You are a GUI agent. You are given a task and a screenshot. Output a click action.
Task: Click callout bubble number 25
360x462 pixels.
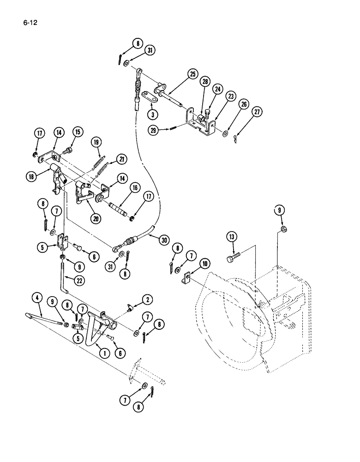coord(192,74)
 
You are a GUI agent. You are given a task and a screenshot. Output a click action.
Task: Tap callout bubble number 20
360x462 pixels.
coord(96,219)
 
